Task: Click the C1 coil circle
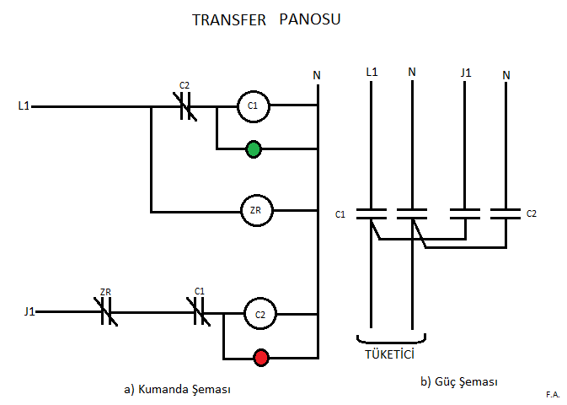253,90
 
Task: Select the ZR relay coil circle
257,195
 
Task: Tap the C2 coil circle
260,299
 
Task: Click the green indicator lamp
254,148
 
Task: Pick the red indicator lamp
261,358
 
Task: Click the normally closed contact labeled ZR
106,311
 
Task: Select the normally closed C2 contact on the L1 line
185,106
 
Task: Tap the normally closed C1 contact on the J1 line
199,311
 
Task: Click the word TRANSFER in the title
229,20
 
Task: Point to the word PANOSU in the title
310,19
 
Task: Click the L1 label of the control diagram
24,105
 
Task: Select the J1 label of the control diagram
29,311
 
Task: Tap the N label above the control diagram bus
317,75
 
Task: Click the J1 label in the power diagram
466,73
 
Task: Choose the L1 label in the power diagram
372,72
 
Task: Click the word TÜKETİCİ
389,354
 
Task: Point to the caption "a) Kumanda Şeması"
177,389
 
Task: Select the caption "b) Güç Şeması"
459,381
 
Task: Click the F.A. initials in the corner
553,394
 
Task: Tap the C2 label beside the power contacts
532,213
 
